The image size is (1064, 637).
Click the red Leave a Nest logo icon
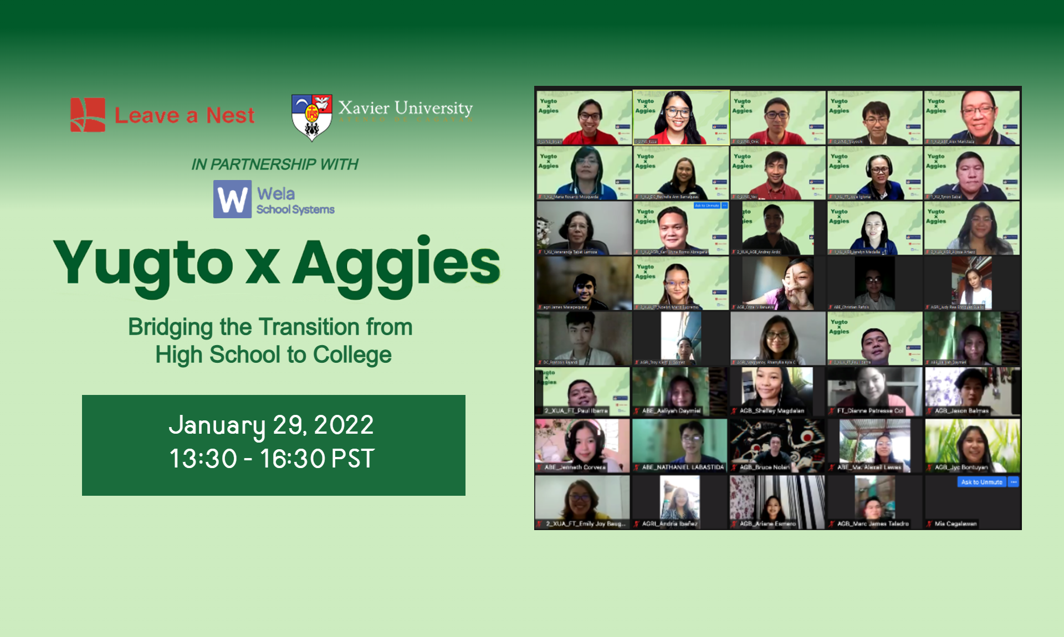[88, 115]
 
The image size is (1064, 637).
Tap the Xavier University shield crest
[312, 116]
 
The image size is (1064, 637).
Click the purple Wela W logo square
[232, 199]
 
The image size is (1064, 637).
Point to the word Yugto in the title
[143, 264]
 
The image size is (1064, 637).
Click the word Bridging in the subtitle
[170, 327]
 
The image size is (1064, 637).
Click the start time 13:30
[203, 459]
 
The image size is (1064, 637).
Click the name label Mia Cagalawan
[955, 523]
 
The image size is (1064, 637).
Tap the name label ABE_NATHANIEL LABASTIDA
[683, 468]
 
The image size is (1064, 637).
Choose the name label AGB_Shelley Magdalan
[771, 411]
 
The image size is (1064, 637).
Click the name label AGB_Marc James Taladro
[873, 523]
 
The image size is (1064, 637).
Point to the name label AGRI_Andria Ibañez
[669, 523]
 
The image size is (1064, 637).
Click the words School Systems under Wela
[295, 210]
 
